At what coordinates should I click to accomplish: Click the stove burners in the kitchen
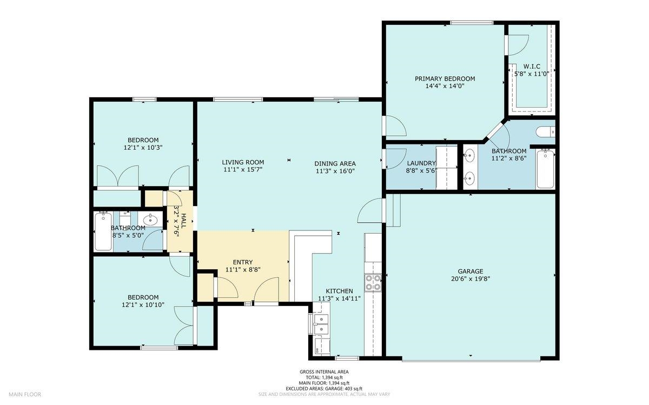pos(373,282)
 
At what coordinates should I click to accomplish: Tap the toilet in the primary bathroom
pos(545,132)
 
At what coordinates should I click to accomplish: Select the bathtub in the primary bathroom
pos(545,169)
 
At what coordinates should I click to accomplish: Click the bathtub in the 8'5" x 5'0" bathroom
pos(103,231)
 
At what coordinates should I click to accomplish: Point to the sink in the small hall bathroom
pos(150,220)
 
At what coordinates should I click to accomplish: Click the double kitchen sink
pos(321,324)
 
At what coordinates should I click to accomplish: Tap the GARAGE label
pos(471,271)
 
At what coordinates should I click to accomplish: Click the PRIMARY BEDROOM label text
pos(445,78)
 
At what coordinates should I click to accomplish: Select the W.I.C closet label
pos(532,67)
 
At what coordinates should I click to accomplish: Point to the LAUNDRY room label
pos(421,163)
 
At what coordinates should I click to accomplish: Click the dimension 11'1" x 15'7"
pos(243,169)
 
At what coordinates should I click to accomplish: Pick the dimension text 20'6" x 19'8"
pos(471,279)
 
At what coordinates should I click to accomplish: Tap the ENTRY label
pos(243,262)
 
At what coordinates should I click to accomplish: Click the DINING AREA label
pos(335,163)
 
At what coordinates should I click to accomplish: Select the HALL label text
pos(184,221)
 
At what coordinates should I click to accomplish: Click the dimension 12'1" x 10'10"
pos(143,305)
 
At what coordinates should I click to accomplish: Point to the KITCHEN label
pos(339,291)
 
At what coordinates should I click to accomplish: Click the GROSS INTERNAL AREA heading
pos(324,371)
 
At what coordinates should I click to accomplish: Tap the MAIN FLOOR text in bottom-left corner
pos(25,394)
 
